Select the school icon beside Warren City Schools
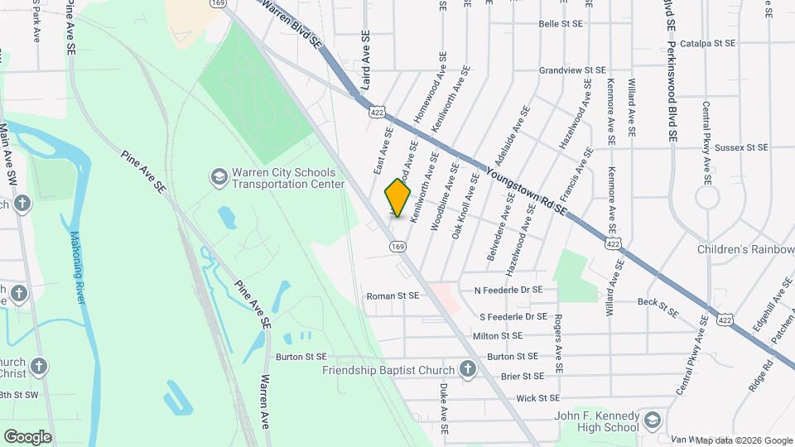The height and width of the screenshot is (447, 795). (x=218, y=176)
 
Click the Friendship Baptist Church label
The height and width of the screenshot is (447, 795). (x=388, y=370)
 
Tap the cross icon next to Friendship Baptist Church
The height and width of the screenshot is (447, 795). (x=467, y=370)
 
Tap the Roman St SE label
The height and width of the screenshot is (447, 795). (x=393, y=296)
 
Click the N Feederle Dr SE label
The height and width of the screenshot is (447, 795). (x=508, y=291)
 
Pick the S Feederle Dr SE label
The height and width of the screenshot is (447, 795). (x=513, y=316)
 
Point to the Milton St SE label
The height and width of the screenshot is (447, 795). (x=498, y=336)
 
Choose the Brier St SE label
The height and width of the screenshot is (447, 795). (x=523, y=376)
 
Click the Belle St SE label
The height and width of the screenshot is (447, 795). (x=561, y=25)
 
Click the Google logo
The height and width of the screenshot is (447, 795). (x=27, y=436)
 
